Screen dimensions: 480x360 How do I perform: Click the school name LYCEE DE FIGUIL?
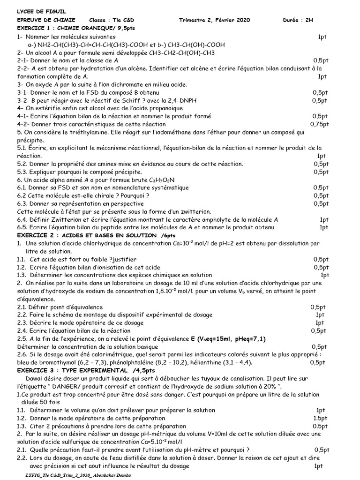(x=35, y=11)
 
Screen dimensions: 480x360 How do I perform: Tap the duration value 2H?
(x=310, y=20)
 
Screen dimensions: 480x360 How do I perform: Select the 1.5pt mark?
(x=320, y=418)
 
